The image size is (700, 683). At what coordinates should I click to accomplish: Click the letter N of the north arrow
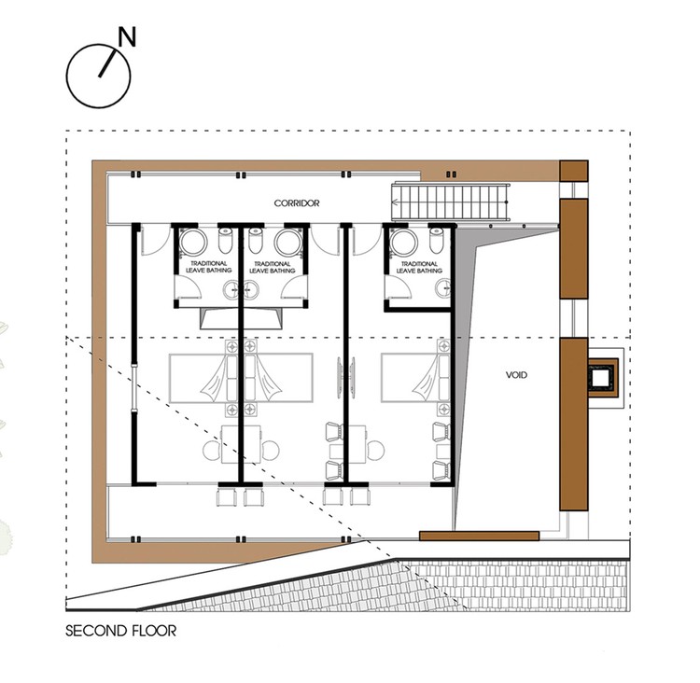[127, 37]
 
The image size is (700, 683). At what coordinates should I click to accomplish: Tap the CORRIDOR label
[297, 203]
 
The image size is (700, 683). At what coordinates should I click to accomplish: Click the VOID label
[516, 375]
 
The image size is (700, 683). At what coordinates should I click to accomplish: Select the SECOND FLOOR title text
[121, 631]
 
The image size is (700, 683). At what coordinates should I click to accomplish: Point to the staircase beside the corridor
[451, 202]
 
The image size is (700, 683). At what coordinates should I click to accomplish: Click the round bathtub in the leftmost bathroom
[193, 242]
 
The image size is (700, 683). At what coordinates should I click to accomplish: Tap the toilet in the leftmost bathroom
[226, 240]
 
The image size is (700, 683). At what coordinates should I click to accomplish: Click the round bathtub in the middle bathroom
[288, 243]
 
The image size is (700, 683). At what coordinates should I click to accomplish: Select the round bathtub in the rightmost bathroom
[404, 242]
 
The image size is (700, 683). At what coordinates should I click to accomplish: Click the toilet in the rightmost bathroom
[436, 240]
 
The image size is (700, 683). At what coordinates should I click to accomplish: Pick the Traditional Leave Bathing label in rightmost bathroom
[419, 267]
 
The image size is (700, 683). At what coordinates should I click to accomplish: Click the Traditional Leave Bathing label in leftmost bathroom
[209, 267]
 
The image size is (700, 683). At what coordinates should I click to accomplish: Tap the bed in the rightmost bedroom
[415, 378]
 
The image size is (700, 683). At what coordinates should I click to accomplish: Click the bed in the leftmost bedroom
[203, 378]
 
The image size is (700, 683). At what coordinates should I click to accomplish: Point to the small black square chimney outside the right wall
[601, 377]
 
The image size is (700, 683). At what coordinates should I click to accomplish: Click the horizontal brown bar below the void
[479, 536]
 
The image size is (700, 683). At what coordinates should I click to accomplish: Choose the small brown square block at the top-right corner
[574, 171]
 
